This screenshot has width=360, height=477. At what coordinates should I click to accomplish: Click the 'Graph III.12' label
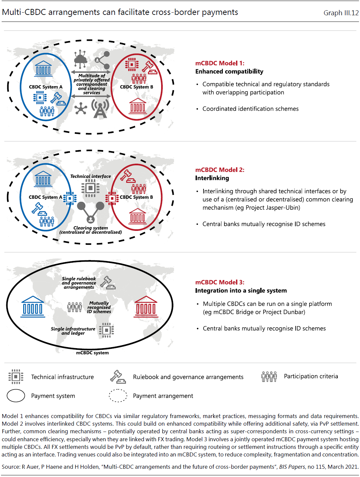(x=341, y=13)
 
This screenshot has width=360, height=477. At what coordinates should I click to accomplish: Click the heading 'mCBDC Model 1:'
(x=219, y=63)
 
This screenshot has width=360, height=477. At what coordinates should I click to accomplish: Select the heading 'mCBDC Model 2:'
(x=219, y=170)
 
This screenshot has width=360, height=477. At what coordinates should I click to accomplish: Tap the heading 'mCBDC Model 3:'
(x=219, y=282)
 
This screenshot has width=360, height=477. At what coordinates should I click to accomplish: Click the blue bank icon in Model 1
(x=43, y=69)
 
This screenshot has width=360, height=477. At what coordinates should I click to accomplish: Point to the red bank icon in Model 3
(x=146, y=307)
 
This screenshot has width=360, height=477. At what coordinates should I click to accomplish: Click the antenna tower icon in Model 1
(x=100, y=108)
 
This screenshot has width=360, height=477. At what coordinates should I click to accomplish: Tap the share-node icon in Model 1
(x=102, y=60)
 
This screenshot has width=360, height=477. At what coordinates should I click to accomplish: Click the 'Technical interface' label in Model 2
(x=90, y=176)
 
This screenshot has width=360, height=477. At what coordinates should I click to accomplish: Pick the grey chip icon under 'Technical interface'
(x=90, y=188)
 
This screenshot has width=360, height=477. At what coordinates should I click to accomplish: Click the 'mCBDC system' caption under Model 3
(x=92, y=353)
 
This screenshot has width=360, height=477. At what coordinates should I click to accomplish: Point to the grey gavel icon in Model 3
(x=108, y=283)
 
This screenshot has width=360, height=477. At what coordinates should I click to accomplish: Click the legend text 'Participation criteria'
(x=311, y=376)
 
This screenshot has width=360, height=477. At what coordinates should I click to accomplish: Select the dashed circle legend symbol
(x=118, y=396)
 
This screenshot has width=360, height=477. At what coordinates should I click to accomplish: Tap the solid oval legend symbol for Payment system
(x=16, y=396)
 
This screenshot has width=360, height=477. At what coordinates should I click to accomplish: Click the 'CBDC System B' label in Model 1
(x=137, y=87)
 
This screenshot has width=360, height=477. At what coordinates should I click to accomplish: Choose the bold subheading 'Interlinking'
(x=212, y=178)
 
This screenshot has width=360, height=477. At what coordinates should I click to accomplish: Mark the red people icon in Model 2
(x=139, y=189)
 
